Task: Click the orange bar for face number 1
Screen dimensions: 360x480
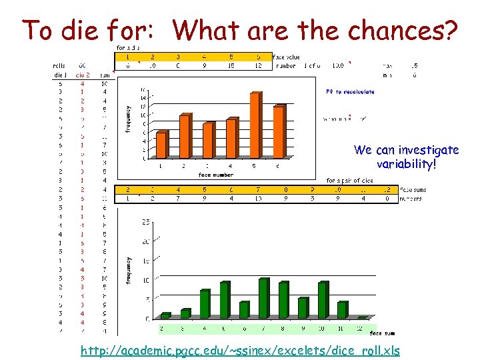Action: click(x=161, y=145)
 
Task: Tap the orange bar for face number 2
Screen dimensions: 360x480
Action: click(x=185, y=137)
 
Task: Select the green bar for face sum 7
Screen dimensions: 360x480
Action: click(x=263, y=299)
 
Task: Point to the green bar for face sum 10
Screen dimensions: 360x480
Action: click(x=323, y=301)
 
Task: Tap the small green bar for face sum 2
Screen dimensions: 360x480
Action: click(x=165, y=315)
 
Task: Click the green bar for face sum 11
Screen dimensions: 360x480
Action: click(x=343, y=310)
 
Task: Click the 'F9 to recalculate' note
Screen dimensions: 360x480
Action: click(x=349, y=92)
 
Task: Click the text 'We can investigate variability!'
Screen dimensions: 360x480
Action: click(x=406, y=157)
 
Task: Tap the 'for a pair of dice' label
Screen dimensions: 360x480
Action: click(x=349, y=180)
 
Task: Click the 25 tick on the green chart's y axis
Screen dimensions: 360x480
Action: click(x=145, y=221)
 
